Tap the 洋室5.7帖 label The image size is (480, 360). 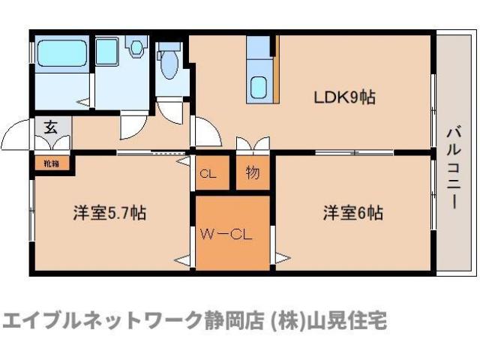[x=109, y=213]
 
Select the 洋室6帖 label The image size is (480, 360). [x=353, y=213]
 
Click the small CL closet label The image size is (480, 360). [x=208, y=174]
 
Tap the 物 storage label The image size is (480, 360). [x=253, y=173]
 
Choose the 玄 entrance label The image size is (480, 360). [x=50, y=126]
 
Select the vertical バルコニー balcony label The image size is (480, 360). [x=453, y=167]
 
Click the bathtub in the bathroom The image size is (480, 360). [x=62, y=52]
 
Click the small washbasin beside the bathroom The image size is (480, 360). [x=136, y=49]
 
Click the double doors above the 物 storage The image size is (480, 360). [x=253, y=144]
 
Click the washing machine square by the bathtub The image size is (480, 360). [x=106, y=51]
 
